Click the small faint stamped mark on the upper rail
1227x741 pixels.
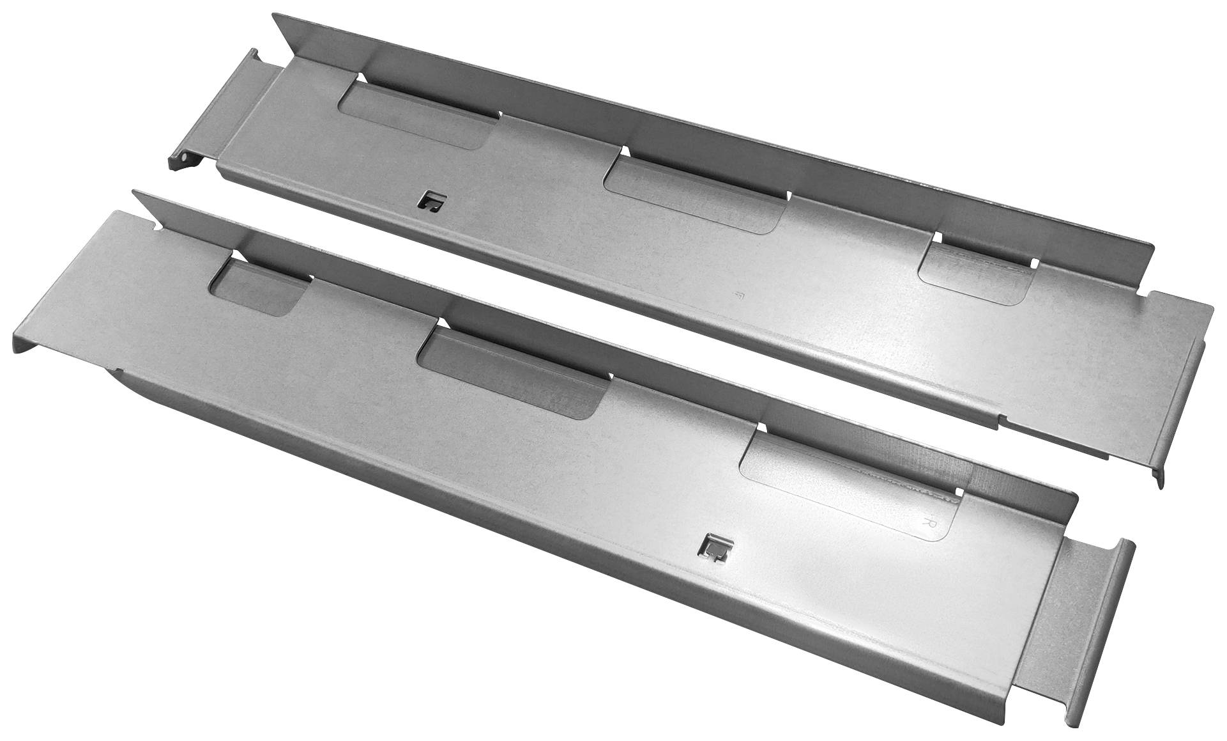[740, 295]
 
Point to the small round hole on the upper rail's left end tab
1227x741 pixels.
[183, 153]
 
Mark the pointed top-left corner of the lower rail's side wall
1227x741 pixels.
[133, 191]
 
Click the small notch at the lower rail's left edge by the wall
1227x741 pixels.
[155, 226]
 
